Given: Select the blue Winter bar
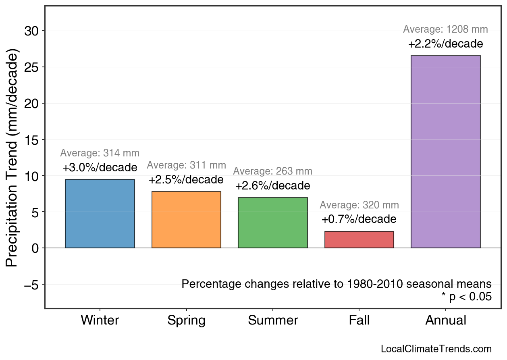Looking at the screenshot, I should tap(100, 214).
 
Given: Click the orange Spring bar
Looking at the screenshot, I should tap(186, 220).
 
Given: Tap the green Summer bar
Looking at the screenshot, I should tap(273, 223).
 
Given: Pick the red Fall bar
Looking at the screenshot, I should tap(359, 239).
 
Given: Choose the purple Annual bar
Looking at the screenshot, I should tap(446, 152).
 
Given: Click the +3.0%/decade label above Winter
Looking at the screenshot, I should tap(100, 168).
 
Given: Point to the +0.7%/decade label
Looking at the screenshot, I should tap(359, 219).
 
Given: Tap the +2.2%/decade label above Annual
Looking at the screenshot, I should tap(446, 44).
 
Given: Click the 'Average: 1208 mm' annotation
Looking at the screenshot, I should tap(446, 29).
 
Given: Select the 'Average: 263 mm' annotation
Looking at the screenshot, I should tap(273, 171).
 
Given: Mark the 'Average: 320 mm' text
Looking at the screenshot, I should tap(359, 205).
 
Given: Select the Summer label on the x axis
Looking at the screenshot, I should tap(273, 320).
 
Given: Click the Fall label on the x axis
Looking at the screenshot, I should tap(359, 320).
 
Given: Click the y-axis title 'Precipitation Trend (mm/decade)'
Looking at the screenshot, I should tap(13, 158).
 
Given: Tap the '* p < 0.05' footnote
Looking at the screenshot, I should tap(466, 297).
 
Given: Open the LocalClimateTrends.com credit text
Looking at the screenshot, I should tap(436, 349).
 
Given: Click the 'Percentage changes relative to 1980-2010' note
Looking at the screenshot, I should tap(337, 284).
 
